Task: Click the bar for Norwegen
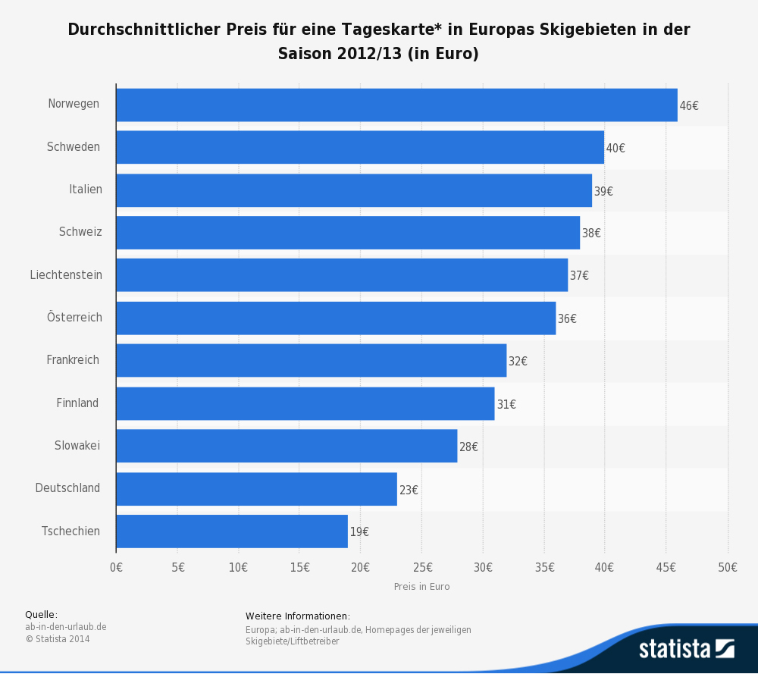[396, 105]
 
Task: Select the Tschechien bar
[232, 531]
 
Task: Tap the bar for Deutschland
[256, 489]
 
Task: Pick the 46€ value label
[689, 106]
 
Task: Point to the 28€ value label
[468, 447]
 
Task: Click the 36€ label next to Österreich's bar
[567, 319]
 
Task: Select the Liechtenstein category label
[66, 275]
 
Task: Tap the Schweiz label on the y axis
[80, 232]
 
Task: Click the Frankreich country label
[73, 360]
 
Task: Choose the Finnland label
[77, 403]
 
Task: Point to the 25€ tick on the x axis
[422, 567]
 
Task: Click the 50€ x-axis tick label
[728, 567]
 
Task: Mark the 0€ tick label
[116, 567]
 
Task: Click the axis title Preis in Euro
[421, 587]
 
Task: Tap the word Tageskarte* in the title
[421, 30]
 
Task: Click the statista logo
[686, 649]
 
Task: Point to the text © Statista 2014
[58, 639]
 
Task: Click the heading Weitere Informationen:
[298, 616]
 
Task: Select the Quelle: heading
[41, 615]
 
